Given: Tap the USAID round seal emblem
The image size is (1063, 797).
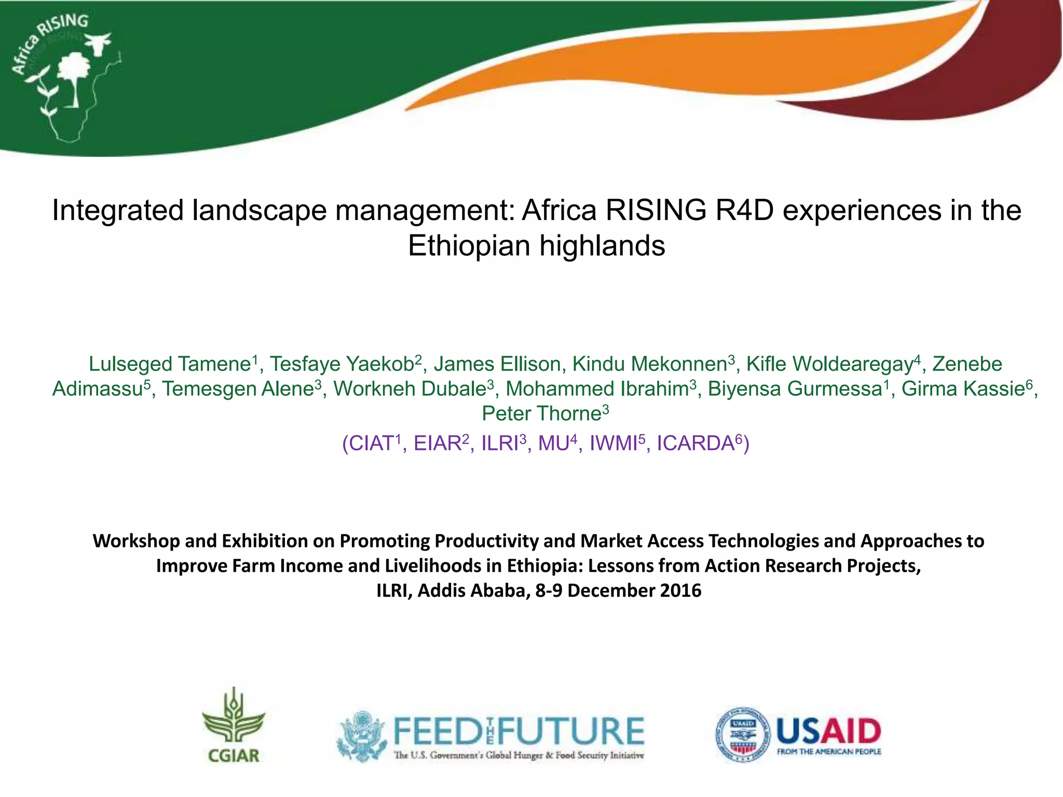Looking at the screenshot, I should click(x=743, y=734).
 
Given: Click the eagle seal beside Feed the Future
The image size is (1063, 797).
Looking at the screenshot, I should click(x=361, y=735).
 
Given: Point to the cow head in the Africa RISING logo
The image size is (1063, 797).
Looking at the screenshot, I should click(x=99, y=43).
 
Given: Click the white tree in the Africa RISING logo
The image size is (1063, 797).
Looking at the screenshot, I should click(x=73, y=78).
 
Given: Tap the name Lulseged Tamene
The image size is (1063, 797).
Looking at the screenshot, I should click(x=170, y=364).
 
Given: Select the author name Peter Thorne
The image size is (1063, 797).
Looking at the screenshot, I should click(x=541, y=414).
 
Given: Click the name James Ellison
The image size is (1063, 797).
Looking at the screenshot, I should click(x=497, y=364).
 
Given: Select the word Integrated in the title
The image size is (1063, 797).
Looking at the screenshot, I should click(x=118, y=211).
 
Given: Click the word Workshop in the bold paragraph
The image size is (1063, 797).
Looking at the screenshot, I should click(x=135, y=541).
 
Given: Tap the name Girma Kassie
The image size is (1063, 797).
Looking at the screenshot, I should click(x=963, y=389).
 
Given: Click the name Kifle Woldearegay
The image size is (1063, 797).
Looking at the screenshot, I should click(x=829, y=364).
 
